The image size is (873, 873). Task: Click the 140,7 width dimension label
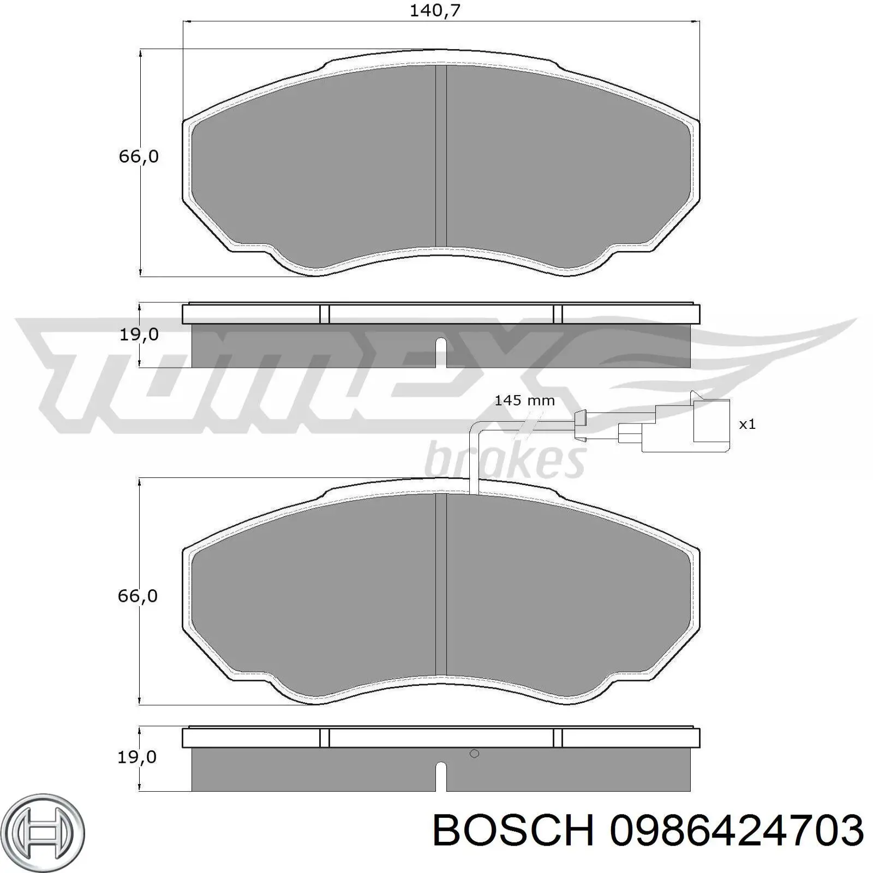pyautogui.click(x=435, y=10)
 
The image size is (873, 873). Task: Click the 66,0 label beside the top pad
pyautogui.click(x=139, y=157)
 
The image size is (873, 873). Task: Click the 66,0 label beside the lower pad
pyautogui.click(x=137, y=595)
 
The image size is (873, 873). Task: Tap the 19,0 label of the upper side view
pyautogui.click(x=139, y=334)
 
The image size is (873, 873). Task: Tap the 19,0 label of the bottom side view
pyautogui.click(x=137, y=757)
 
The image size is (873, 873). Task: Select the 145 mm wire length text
pyautogui.click(x=524, y=400)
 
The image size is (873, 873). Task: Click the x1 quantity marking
pyautogui.click(x=747, y=424)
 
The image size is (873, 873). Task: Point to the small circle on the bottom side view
pyautogui.click(x=474, y=754)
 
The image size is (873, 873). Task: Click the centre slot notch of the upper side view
pyautogui.click(x=441, y=352)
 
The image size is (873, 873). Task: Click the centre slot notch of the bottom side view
pyautogui.click(x=441, y=776)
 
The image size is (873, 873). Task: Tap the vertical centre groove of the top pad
pyautogui.click(x=441, y=156)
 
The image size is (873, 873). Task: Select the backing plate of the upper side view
pyautogui.click(x=441, y=314)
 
